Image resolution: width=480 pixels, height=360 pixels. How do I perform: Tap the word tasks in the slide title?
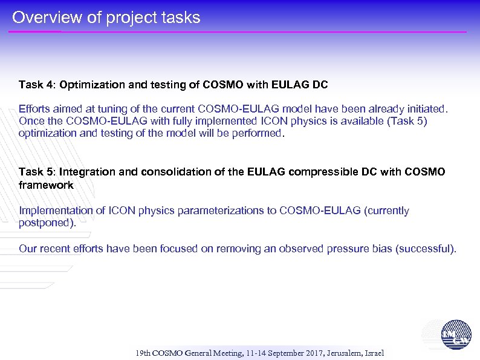tap(179, 18)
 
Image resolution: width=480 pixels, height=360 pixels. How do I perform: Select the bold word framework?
tap(46, 185)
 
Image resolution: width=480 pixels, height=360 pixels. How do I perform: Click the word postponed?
tap(47, 223)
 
